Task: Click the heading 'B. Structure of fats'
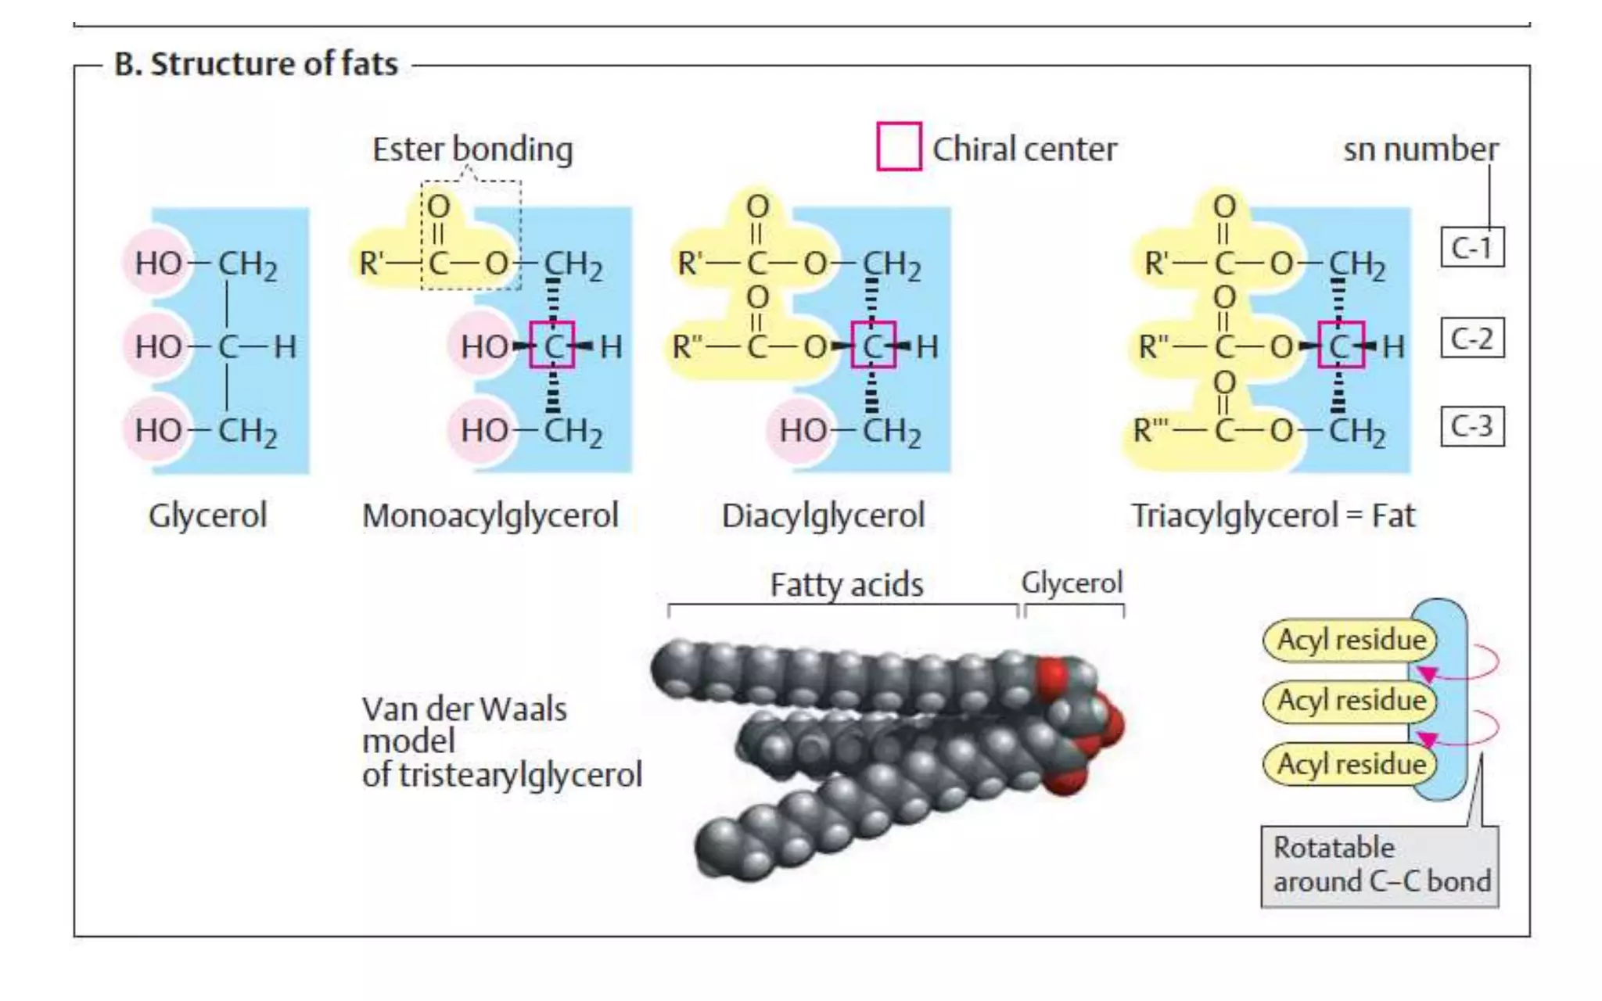coord(256,64)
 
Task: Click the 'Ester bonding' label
coord(472,149)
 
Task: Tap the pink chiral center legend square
coord(899,146)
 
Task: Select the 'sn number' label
coord(1421,149)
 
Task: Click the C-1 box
coord(1472,248)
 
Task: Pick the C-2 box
coord(1472,339)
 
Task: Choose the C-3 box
coord(1472,427)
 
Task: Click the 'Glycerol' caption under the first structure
coord(207,515)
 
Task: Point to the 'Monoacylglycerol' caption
coord(490,515)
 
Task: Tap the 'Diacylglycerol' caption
coord(823,515)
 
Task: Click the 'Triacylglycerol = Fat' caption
coord(1273,515)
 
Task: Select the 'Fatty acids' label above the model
coord(846,585)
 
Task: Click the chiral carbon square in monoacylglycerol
coord(552,345)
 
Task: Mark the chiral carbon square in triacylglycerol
coord(1341,345)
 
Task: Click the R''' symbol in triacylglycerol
coord(1151,429)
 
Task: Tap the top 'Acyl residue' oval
coord(1350,640)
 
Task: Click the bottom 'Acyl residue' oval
coord(1350,763)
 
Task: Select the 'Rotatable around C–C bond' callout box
coord(1380,865)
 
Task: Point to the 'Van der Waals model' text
coord(464,725)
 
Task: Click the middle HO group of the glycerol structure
coord(158,346)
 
